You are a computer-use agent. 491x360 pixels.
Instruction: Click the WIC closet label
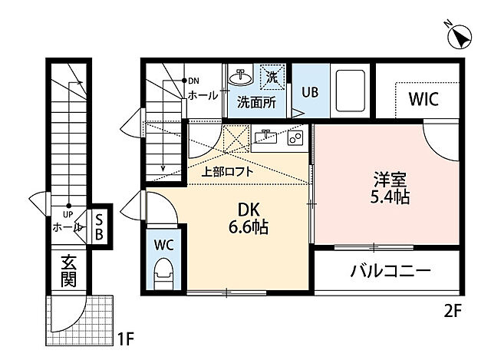[423, 99]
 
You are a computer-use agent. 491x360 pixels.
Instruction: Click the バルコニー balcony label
[390, 271]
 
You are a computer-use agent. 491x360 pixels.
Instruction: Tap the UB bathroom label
[309, 91]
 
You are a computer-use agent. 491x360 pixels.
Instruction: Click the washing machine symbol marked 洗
[272, 76]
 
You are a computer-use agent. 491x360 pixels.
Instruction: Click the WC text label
[162, 246]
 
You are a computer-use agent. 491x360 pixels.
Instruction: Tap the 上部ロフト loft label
[227, 172]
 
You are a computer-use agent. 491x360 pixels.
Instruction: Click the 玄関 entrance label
[68, 272]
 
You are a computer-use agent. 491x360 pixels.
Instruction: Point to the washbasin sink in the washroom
[241, 78]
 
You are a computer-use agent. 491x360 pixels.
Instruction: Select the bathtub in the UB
[350, 91]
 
